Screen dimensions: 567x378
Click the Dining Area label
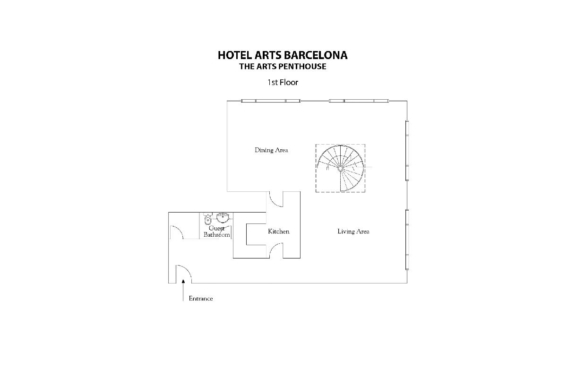pyautogui.click(x=271, y=150)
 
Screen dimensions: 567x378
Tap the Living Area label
pyautogui.click(x=353, y=232)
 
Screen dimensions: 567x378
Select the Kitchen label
pyautogui.click(x=279, y=232)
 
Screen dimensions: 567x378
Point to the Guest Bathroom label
pyautogui.click(x=217, y=232)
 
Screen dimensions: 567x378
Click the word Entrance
pyautogui.click(x=201, y=299)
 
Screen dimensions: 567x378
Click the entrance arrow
pyautogui.click(x=183, y=290)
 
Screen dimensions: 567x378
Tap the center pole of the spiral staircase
pyautogui.click(x=341, y=168)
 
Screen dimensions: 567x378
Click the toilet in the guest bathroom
pyautogui.click(x=208, y=219)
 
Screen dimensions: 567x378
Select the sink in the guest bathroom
pyautogui.click(x=223, y=217)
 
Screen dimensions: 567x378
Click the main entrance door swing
pyautogui.click(x=184, y=274)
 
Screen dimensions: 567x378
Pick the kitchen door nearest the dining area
pyautogui.click(x=276, y=199)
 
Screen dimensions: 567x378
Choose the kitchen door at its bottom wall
pyautogui.click(x=276, y=250)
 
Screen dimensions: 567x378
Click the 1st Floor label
pyautogui.click(x=283, y=82)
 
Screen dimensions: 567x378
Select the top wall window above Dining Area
pyautogui.click(x=271, y=101)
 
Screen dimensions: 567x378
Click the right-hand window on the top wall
pyautogui.click(x=359, y=101)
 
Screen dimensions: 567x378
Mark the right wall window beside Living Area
pyautogui.click(x=407, y=240)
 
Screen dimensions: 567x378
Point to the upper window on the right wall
pyautogui.click(x=407, y=151)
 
